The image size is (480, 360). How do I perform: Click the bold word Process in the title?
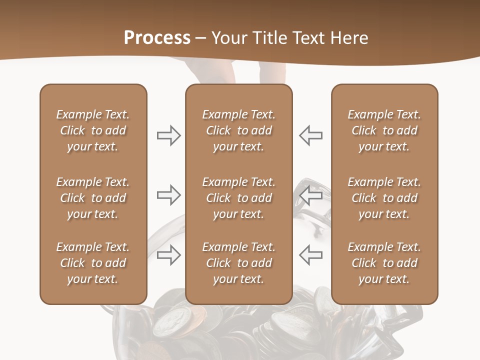(x=157, y=38)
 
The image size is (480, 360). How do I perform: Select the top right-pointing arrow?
(x=168, y=135)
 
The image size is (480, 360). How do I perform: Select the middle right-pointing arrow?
(x=168, y=195)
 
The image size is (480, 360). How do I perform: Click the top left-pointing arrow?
(x=310, y=135)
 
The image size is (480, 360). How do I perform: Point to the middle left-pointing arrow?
(x=310, y=195)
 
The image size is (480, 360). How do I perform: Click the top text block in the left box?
(x=93, y=130)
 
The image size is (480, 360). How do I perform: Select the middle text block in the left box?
(x=93, y=198)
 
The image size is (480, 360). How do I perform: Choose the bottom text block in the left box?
(x=93, y=263)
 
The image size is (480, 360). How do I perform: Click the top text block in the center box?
(x=238, y=130)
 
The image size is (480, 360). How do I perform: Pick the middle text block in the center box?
(x=238, y=198)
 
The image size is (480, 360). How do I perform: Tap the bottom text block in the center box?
(x=238, y=263)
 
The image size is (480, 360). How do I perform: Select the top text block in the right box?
(x=384, y=130)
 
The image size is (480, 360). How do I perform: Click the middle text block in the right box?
(x=384, y=198)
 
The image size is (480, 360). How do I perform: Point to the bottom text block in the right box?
(x=384, y=263)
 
